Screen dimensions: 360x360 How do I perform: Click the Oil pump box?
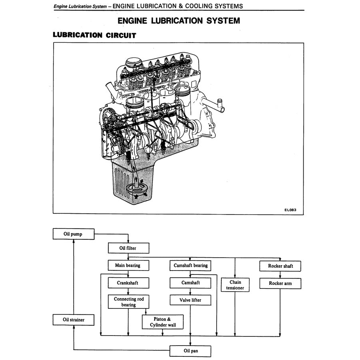coord(74,234)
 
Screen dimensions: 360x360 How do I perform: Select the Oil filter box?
coord(128,248)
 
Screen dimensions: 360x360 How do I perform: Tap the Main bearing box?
coord(128,265)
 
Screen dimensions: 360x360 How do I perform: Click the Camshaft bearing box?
coord(191,265)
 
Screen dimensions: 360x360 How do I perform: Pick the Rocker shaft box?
coord(280,266)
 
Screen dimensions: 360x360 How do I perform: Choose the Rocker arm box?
coord(280,284)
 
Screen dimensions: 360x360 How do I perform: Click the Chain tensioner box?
coord(235,285)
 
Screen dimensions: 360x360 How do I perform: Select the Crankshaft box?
coord(128,283)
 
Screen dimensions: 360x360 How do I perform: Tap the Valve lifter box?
coord(191,300)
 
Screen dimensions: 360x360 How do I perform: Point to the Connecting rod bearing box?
coord(128,302)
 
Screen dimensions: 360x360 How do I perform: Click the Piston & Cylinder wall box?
coord(163,322)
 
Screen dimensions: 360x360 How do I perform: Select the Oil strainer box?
coord(74,320)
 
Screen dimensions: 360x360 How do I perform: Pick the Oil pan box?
coord(191,351)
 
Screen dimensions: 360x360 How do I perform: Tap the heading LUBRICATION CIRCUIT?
coord(95,35)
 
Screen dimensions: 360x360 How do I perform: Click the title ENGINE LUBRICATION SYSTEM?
coord(179,20)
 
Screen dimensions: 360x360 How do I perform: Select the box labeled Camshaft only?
coord(191,283)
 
